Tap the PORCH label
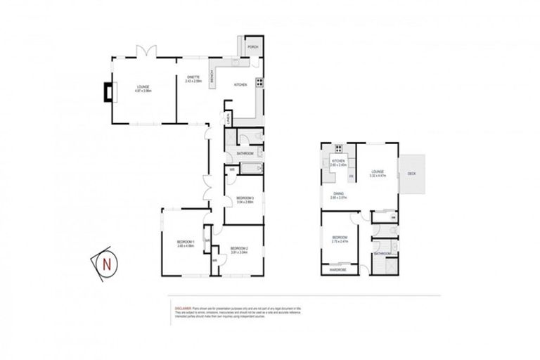coord(252,47)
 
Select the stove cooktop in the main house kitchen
coord(259,82)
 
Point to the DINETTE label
coord(193,77)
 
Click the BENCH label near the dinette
coord(212,75)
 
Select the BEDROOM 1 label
coord(185,242)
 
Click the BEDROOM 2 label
coord(240,248)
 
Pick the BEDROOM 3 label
coord(245,198)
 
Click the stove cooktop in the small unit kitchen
coord(338,148)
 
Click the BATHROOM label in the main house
coord(245,153)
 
